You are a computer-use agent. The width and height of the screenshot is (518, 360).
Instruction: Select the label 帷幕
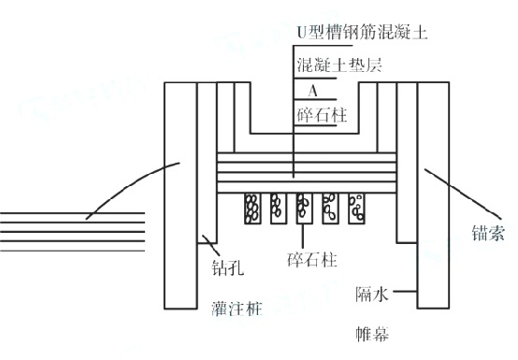point(372,333)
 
